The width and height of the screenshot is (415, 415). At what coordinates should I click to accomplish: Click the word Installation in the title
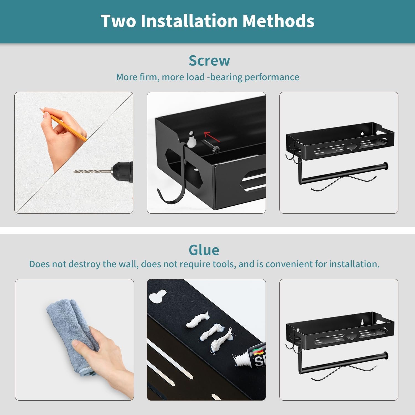[x=189, y=21]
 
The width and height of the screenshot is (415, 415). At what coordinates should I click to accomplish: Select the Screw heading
[x=209, y=61]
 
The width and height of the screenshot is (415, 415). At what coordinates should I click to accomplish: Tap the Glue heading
[x=204, y=250]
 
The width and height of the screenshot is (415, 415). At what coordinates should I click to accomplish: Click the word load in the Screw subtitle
[x=195, y=77]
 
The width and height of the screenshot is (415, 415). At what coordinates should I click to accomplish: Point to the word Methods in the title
[x=278, y=21]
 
